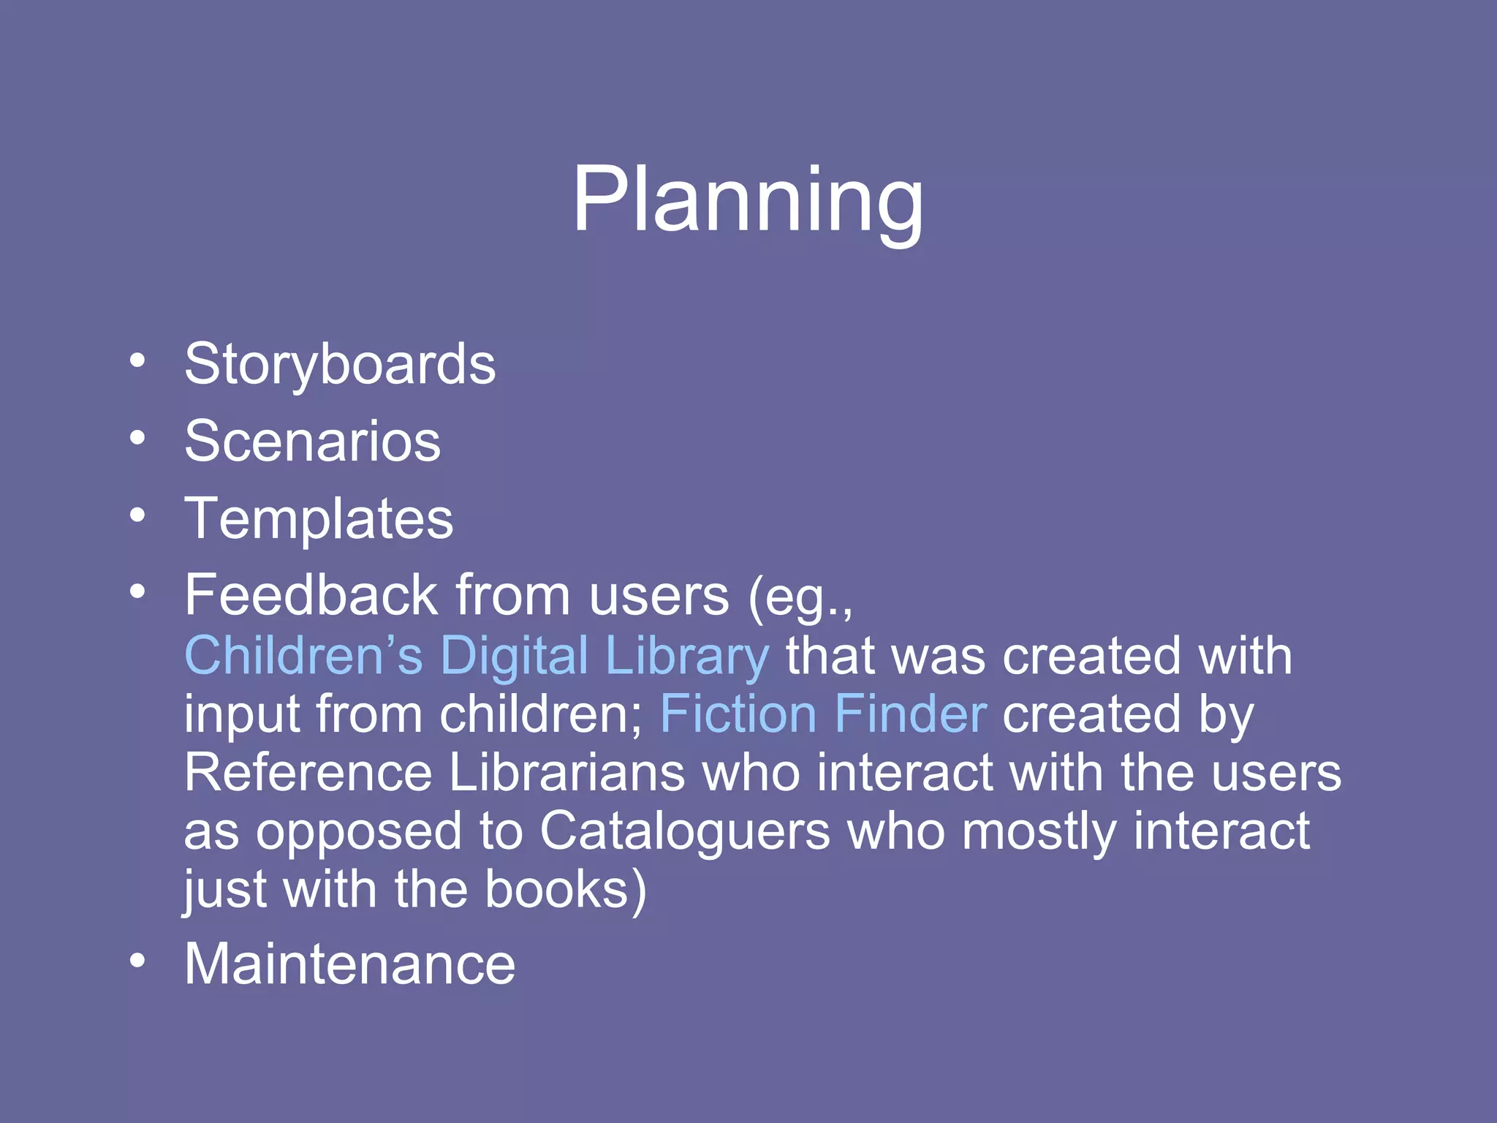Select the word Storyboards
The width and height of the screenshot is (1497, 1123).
pyautogui.click(x=340, y=364)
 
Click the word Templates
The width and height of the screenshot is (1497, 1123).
pyautogui.click(x=319, y=518)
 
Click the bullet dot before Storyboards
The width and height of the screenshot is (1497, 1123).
pyautogui.click(x=137, y=360)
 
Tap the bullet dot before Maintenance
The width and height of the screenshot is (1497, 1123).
pyautogui.click(x=137, y=960)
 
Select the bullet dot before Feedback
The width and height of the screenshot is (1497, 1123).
pyautogui.click(x=137, y=591)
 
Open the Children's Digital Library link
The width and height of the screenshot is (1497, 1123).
pyautogui.click(x=477, y=655)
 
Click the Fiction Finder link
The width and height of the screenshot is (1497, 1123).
pyautogui.click(x=823, y=714)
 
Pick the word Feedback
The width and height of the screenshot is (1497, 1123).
pyautogui.click(x=311, y=595)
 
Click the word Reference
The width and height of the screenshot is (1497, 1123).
pyautogui.click(x=308, y=773)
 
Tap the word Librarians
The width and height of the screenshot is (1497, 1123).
pyautogui.click(x=566, y=773)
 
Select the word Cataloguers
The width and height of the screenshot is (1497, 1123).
pyautogui.click(x=685, y=831)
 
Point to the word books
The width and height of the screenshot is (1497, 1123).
pyautogui.click(x=557, y=890)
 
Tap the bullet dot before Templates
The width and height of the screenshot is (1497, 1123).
pyautogui.click(x=137, y=515)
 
